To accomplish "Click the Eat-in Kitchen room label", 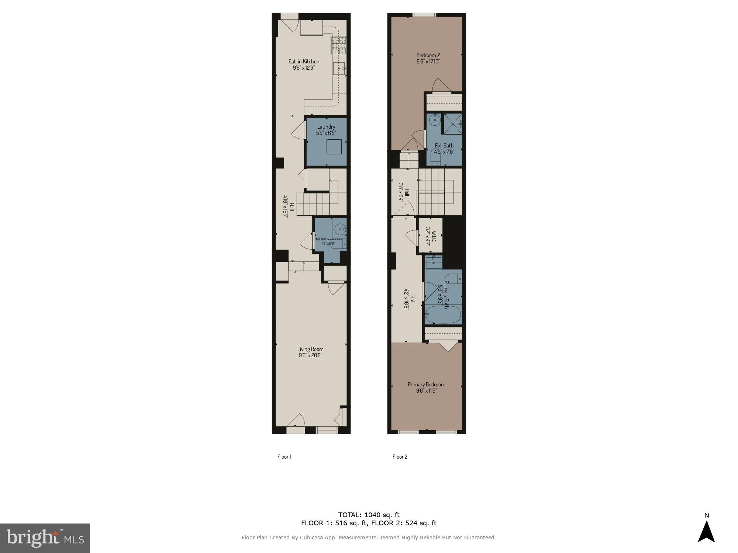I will click(304, 62).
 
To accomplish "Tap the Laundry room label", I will click(326, 127).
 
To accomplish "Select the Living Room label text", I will click(310, 349).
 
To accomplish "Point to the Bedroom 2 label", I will click(428, 55).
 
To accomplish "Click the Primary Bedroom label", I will click(426, 385).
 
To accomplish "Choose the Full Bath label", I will click(444, 146).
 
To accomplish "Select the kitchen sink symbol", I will click(339, 69).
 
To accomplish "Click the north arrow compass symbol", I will click(706, 532).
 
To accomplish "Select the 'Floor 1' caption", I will click(284, 457).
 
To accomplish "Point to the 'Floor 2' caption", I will click(400, 457).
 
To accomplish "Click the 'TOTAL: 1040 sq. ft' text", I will click(369, 515).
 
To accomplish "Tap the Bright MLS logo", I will click(45, 538).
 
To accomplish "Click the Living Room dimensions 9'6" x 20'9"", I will click(310, 356).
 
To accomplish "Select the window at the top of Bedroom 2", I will click(424, 15).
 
